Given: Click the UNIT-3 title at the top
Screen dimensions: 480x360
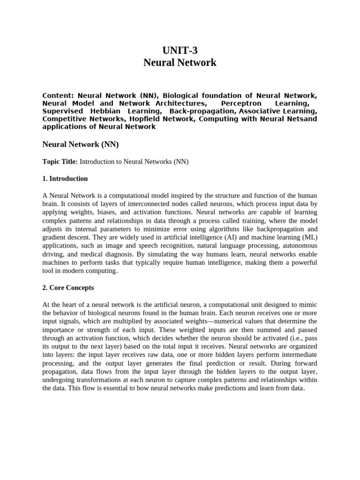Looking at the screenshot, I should click(x=180, y=50).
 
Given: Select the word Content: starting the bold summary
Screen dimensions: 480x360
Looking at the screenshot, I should click(x=58, y=95).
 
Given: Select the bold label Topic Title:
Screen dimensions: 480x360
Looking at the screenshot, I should click(x=60, y=162).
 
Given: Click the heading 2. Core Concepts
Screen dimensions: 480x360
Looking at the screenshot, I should click(x=68, y=287).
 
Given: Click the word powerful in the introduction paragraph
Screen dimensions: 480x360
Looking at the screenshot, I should click(x=304, y=262).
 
